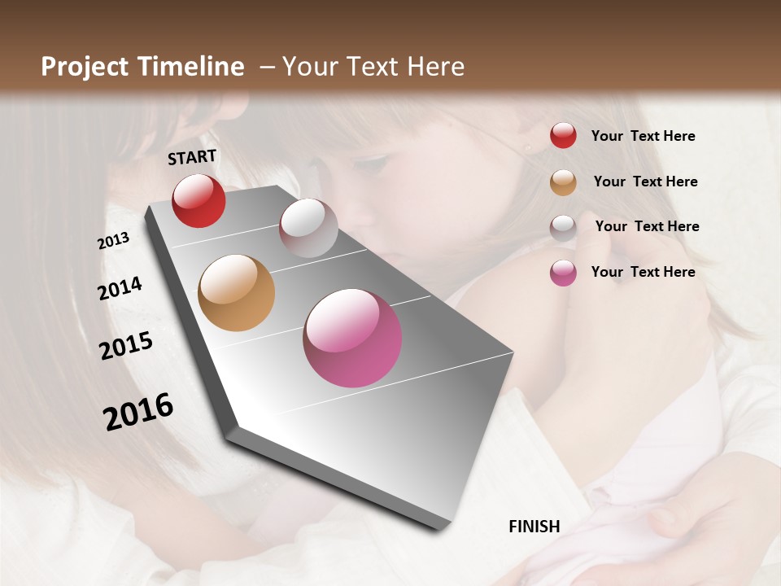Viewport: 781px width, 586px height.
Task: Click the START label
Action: [192, 157]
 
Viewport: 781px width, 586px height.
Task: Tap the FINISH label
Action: [534, 527]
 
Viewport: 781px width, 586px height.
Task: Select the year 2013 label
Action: [113, 241]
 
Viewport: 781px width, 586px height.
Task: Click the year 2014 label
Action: [120, 288]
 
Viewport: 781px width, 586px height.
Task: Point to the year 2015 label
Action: [126, 346]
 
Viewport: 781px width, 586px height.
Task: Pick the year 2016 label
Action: [138, 411]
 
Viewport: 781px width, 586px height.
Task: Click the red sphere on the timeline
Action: [199, 200]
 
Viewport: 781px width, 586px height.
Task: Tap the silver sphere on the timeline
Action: [308, 228]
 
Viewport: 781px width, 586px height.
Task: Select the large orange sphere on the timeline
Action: [236, 293]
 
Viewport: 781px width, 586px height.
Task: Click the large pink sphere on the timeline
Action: [352, 338]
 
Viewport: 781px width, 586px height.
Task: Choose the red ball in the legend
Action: [563, 135]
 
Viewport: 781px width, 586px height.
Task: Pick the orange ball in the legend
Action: [563, 182]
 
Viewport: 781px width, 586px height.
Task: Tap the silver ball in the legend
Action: [563, 227]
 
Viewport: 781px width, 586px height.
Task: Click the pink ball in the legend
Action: [563, 273]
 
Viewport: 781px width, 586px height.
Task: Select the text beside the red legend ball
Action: [643, 136]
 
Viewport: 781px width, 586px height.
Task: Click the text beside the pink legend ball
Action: [643, 272]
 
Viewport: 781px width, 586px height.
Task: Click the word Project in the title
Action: [85, 67]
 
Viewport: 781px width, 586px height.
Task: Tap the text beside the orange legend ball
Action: [645, 181]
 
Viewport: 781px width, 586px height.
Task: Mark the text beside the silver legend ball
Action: [647, 226]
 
